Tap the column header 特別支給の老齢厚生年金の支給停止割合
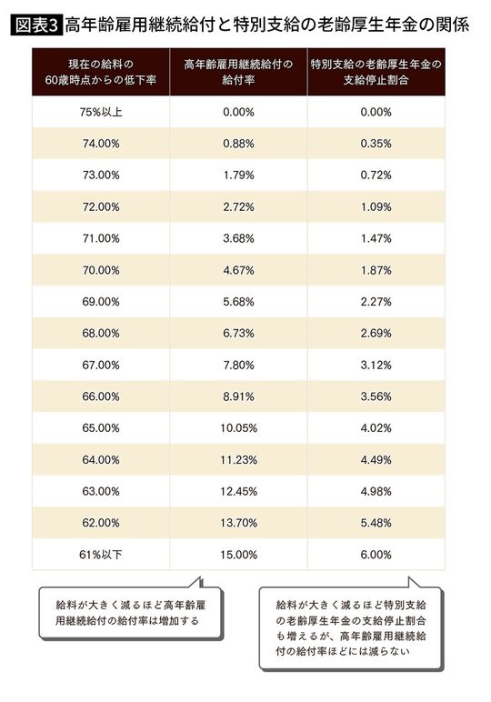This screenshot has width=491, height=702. point(375,73)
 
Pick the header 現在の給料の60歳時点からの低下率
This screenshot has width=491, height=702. point(100,73)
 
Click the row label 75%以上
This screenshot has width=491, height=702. point(100,112)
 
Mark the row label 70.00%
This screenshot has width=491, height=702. point(100,270)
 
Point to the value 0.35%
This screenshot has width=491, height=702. point(375,144)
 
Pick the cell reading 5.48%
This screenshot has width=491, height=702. point(375,524)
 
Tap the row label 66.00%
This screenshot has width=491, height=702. point(100,397)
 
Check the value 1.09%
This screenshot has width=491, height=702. point(375,207)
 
